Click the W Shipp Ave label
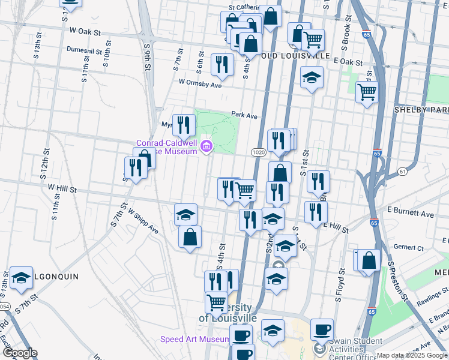pyautogui.click(x=142, y=222)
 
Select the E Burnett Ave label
pyautogui.click(x=411, y=214)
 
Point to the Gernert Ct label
pyautogui.click(x=409, y=247)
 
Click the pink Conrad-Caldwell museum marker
pyautogui.click(x=207, y=146)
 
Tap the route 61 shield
pyautogui.click(x=402, y=172)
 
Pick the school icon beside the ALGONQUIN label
pyautogui.click(x=21, y=277)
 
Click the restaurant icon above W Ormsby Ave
pyautogui.click(x=222, y=64)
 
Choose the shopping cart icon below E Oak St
pyautogui.click(x=367, y=92)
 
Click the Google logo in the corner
pyautogui.click(x=20, y=353)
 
